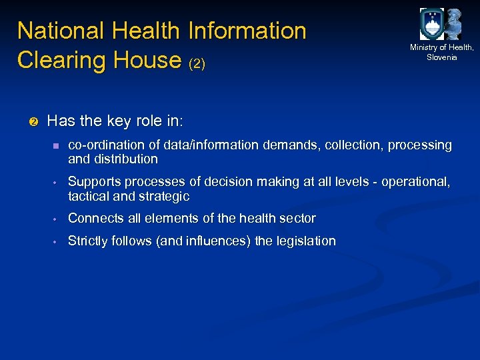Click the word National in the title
point(60,31)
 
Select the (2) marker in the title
point(197,64)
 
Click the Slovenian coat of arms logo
point(431,24)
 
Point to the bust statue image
point(454,25)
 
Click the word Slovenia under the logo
point(442,57)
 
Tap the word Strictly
point(87,241)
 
